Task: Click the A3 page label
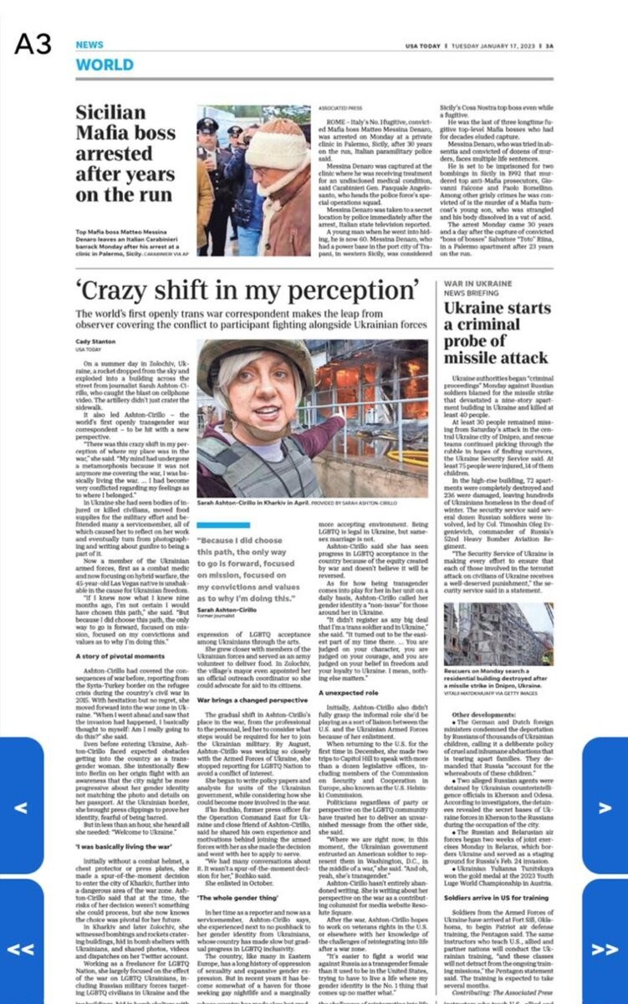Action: pos(33,44)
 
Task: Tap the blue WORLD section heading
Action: pos(104,64)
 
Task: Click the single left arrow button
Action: pos(22,807)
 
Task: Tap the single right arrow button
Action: pos(605,807)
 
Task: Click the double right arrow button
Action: pos(604,950)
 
